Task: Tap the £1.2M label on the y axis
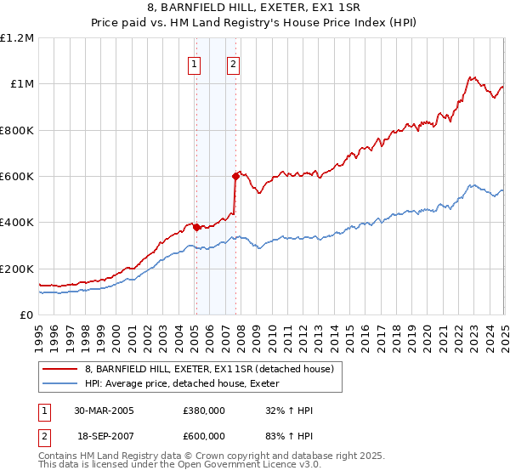(17, 38)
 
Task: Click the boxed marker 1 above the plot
(195, 64)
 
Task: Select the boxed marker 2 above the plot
(233, 64)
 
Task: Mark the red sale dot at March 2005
(196, 227)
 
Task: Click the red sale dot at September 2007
(235, 176)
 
